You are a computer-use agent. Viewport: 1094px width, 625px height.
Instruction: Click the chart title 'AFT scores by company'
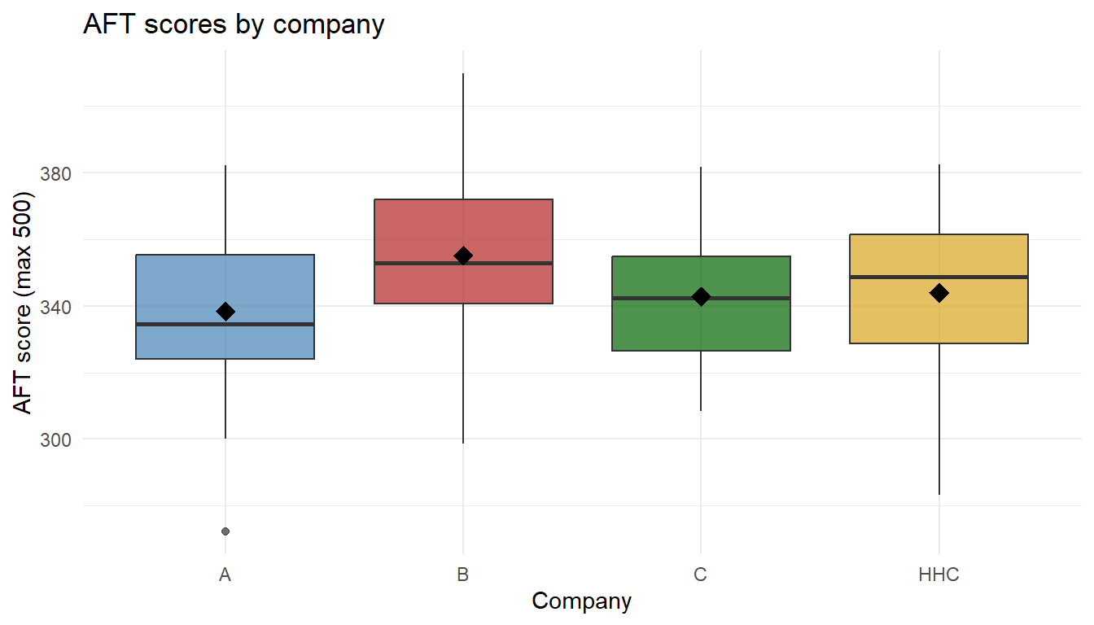(x=234, y=24)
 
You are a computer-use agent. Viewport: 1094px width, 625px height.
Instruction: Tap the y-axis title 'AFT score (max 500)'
(x=24, y=303)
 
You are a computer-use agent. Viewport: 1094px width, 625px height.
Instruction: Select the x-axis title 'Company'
(x=581, y=601)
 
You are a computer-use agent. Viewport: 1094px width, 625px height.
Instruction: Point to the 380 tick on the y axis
(x=56, y=173)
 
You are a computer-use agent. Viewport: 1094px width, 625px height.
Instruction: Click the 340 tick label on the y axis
(x=56, y=307)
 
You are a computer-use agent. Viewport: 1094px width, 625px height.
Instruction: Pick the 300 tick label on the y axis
(x=56, y=439)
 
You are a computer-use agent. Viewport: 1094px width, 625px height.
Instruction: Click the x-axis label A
(x=225, y=575)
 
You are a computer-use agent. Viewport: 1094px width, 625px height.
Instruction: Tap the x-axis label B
(x=463, y=575)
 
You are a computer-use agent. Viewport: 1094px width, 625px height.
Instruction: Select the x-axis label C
(x=701, y=575)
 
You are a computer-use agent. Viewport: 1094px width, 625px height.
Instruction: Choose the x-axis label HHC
(x=939, y=575)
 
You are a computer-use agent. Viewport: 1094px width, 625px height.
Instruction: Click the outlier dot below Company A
(x=225, y=531)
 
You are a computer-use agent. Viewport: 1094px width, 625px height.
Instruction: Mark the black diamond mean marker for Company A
(x=225, y=312)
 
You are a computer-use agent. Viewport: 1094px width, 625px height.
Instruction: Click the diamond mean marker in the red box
(x=463, y=256)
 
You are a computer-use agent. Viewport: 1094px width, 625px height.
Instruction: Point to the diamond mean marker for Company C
(x=701, y=297)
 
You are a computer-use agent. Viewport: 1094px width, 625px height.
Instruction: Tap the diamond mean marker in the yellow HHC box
(x=939, y=293)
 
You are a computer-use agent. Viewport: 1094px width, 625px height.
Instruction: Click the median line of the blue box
(x=187, y=325)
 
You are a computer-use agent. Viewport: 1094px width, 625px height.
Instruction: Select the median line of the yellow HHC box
(x=895, y=278)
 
